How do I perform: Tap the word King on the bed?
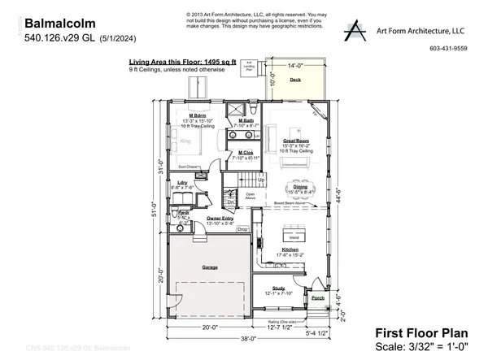(x=184, y=141)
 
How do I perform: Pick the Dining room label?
(x=300, y=187)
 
